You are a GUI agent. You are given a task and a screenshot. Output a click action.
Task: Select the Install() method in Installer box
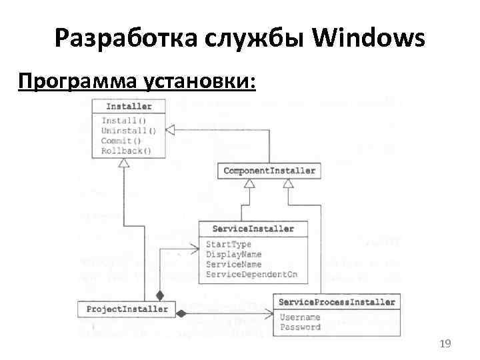coord(119,121)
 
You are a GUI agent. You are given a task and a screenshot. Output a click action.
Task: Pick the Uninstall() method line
coord(129,131)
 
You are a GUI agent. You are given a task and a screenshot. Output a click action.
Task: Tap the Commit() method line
coord(121,141)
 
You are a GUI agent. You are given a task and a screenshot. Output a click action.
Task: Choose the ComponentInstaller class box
coord(269,171)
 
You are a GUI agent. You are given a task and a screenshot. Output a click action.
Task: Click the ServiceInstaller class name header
coord(252,229)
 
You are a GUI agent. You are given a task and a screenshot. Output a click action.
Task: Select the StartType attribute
coord(229,245)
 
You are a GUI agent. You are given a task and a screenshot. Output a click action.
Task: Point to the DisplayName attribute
coord(234,255)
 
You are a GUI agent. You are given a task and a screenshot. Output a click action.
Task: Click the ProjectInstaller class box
coord(127,309)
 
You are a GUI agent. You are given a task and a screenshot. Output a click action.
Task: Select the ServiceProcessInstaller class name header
coord(337,302)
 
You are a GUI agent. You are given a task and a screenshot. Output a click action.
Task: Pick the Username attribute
coord(300,317)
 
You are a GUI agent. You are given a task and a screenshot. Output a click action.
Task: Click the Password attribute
coord(300,327)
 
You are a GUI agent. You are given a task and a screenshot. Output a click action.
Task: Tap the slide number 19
coord(445,343)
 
